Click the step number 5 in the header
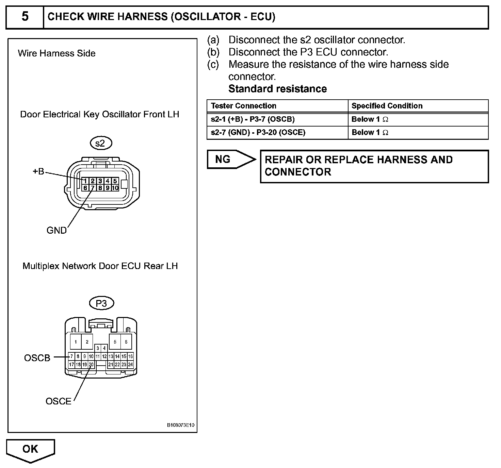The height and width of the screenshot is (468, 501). click(x=25, y=17)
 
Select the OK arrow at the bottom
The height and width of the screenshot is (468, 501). click(x=30, y=450)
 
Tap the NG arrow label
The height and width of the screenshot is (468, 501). click(x=223, y=159)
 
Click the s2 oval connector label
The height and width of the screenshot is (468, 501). click(x=101, y=143)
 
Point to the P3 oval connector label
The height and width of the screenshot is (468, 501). click(x=101, y=303)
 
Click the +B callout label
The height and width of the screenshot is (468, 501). click(x=38, y=171)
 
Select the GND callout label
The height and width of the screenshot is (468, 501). click(x=56, y=230)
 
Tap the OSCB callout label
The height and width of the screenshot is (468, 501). click(x=37, y=358)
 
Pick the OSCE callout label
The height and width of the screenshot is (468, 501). click(x=59, y=401)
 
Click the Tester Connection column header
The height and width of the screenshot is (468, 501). click(x=244, y=106)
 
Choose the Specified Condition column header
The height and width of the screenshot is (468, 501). click(x=387, y=106)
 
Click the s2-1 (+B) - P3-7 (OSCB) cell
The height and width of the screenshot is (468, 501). click(x=253, y=119)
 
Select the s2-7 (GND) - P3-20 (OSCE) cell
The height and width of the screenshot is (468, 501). click(x=258, y=132)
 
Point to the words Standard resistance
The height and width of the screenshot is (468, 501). click(x=277, y=89)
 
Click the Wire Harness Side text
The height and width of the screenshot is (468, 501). click(x=56, y=53)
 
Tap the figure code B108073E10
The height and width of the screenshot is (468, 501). click(x=181, y=425)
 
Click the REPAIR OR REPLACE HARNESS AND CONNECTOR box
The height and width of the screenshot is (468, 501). click(x=374, y=166)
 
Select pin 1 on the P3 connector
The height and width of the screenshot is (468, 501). click(x=76, y=342)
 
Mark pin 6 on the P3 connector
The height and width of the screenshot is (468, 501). click(x=126, y=342)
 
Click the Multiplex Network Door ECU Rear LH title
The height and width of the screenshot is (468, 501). click(x=100, y=266)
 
